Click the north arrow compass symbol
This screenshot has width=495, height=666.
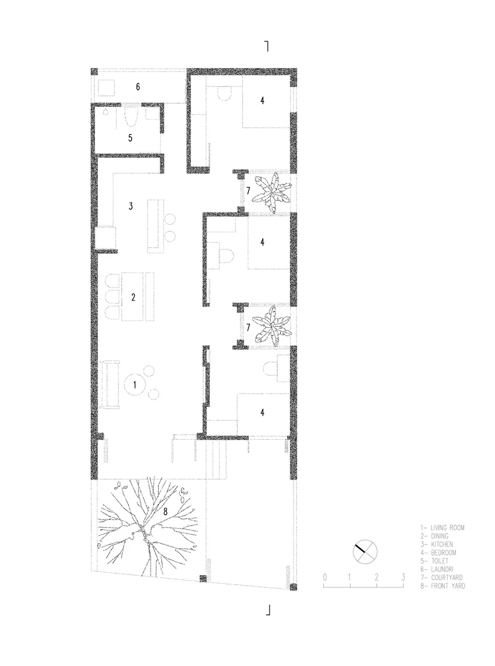(365, 552)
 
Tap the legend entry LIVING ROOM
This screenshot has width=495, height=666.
(447, 527)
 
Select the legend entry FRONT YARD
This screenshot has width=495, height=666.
(448, 586)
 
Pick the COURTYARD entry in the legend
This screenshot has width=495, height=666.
(447, 578)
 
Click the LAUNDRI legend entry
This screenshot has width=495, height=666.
(442, 569)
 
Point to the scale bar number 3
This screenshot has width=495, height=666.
(403, 578)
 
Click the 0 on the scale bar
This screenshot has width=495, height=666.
(325, 578)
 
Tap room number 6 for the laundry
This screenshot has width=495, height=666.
(138, 87)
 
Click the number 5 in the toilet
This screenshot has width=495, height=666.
(130, 138)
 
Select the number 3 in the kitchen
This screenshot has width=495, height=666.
(131, 206)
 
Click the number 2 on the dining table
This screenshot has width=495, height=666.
(133, 297)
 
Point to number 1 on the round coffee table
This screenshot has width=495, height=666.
(135, 385)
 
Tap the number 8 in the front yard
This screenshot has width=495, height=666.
(166, 512)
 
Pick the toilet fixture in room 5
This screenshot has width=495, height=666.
(131, 117)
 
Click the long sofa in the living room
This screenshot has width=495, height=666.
(109, 384)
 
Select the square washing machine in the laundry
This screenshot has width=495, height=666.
(106, 87)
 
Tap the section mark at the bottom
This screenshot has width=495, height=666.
(268, 610)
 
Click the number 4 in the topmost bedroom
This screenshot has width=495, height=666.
(263, 101)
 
